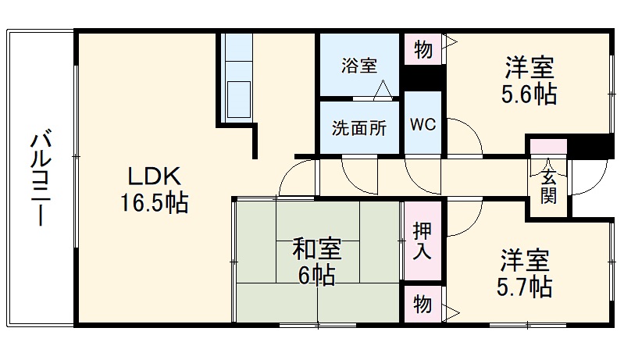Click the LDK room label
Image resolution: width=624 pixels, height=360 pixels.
(x=155, y=176)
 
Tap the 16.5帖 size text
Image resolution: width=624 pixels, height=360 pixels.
(x=154, y=202)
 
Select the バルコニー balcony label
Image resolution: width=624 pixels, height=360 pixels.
(x=41, y=177)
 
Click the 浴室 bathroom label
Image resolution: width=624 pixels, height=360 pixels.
(x=359, y=66)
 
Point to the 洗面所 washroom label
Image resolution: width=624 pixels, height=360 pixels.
(x=359, y=128)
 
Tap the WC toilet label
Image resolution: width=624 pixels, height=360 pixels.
(x=423, y=125)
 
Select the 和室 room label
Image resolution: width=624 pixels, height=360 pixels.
(x=317, y=248)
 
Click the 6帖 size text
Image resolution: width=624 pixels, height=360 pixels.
(x=317, y=275)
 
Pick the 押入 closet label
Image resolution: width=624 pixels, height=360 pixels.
(x=423, y=241)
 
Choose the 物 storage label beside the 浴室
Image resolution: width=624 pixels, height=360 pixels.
(x=423, y=50)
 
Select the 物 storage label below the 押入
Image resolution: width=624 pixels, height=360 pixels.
(x=423, y=305)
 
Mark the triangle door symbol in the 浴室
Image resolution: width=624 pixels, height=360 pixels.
(x=383, y=89)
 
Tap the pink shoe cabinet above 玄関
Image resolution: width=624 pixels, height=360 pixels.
(x=548, y=146)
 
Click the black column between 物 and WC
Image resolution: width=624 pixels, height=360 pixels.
(x=423, y=78)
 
